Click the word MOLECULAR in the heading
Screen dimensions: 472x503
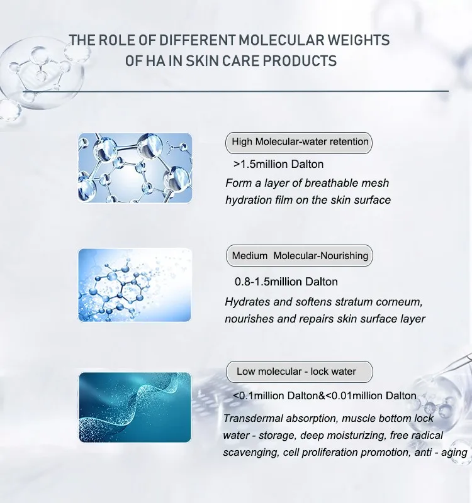pos(281,40)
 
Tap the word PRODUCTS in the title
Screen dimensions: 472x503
pos(300,60)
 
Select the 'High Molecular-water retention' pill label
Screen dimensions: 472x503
pos(299,142)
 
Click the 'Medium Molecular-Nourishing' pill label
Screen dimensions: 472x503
pos(300,256)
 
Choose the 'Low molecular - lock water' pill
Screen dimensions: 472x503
pos(300,372)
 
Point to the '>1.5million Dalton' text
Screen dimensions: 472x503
pos(278,164)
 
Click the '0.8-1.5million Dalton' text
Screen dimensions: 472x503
pos(286,282)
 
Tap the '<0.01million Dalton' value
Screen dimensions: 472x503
pos(371,395)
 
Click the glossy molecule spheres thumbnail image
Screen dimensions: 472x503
pos(135,168)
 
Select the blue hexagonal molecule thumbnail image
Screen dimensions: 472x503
pos(135,285)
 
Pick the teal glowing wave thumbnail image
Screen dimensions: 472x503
pos(135,407)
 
